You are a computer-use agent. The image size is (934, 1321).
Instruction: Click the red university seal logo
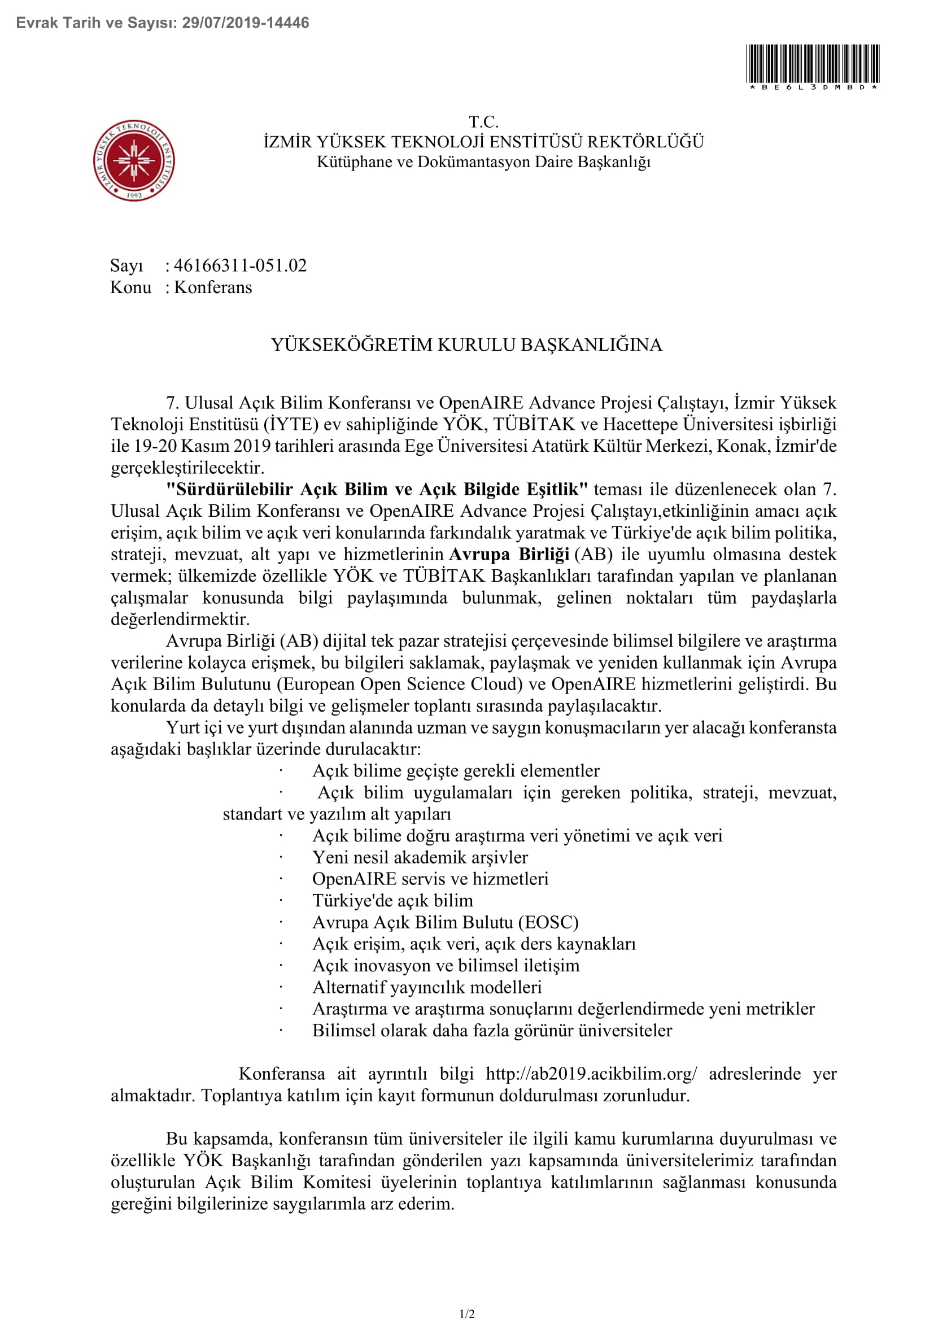(x=134, y=160)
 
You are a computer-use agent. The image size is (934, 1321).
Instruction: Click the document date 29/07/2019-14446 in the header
(x=246, y=23)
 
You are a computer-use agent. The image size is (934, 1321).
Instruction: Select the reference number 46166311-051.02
(x=240, y=265)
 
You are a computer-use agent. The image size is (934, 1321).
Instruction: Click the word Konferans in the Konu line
(x=213, y=287)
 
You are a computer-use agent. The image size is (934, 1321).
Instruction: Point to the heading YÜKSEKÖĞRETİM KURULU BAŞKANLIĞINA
(x=466, y=345)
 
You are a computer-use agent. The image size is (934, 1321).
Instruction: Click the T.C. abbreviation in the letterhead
(x=483, y=121)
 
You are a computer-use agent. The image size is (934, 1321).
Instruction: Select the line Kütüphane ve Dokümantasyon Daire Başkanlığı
(x=483, y=162)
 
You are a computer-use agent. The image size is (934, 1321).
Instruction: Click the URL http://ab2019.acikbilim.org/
(x=591, y=1074)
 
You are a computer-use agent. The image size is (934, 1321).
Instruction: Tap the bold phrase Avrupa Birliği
(x=509, y=554)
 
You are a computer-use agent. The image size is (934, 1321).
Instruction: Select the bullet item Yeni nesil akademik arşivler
(x=420, y=857)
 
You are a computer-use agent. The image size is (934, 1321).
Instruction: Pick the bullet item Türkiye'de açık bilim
(x=393, y=900)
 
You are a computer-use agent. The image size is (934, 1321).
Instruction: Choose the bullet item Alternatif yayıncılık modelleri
(x=427, y=987)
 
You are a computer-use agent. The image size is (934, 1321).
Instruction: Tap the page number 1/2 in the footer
(x=467, y=1314)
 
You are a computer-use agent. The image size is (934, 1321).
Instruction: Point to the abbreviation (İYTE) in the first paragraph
(x=291, y=424)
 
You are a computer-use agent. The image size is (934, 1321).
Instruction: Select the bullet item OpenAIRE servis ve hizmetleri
(x=430, y=879)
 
